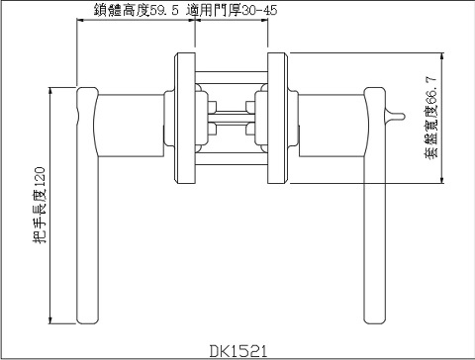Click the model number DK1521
(238, 350)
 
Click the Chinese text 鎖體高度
(121, 10)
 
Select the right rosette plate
(279, 117)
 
